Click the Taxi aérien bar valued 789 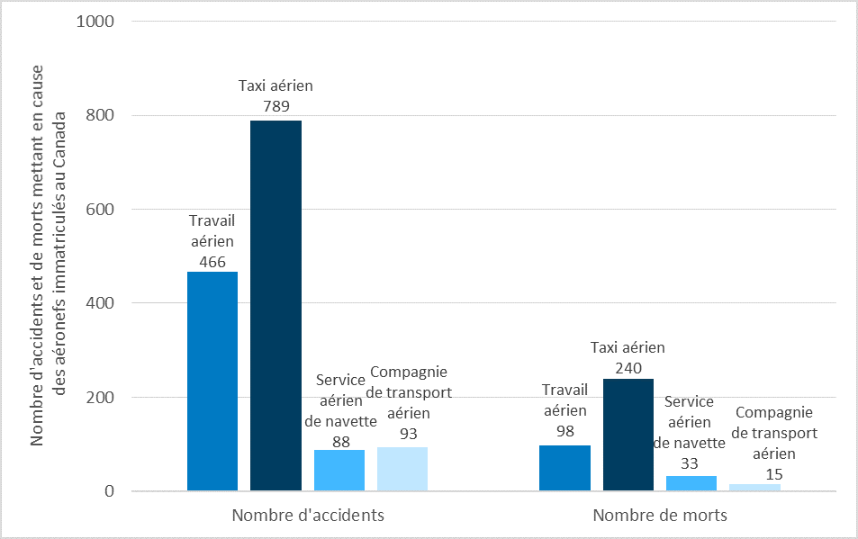[x=275, y=306]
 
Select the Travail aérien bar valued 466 [x=212, y=382]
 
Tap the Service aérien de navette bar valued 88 [x=339, y=471]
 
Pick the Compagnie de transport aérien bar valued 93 [x=402, y=469]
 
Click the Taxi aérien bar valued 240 [x=628, y=435]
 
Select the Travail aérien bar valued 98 [x=564, y=468]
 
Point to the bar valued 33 [x=691, y=483]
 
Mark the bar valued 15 [x=754, y=488]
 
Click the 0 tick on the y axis [x=109, y=491]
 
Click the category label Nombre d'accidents [x=308, y=517]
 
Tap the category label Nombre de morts [x=660, y=517]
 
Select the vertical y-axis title [x=50, y=256]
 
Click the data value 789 [x=275, y=106]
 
